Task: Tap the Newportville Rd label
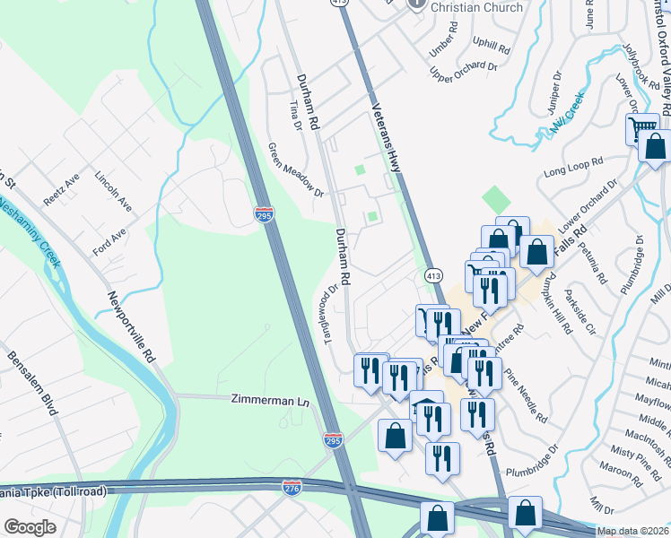(131, 326)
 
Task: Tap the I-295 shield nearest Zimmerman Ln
(332, 439)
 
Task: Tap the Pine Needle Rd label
(526, 395)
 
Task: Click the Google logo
(30, 527)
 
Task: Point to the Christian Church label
(465, 7)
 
